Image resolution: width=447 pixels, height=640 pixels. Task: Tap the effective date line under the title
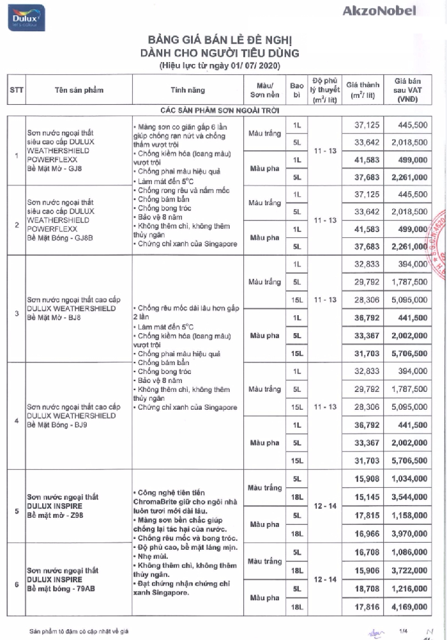[220, 66]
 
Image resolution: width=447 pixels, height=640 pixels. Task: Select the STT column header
[17, 90]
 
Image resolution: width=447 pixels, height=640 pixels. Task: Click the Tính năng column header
[186, 90]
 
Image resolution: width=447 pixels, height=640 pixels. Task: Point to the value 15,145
[366, 496]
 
